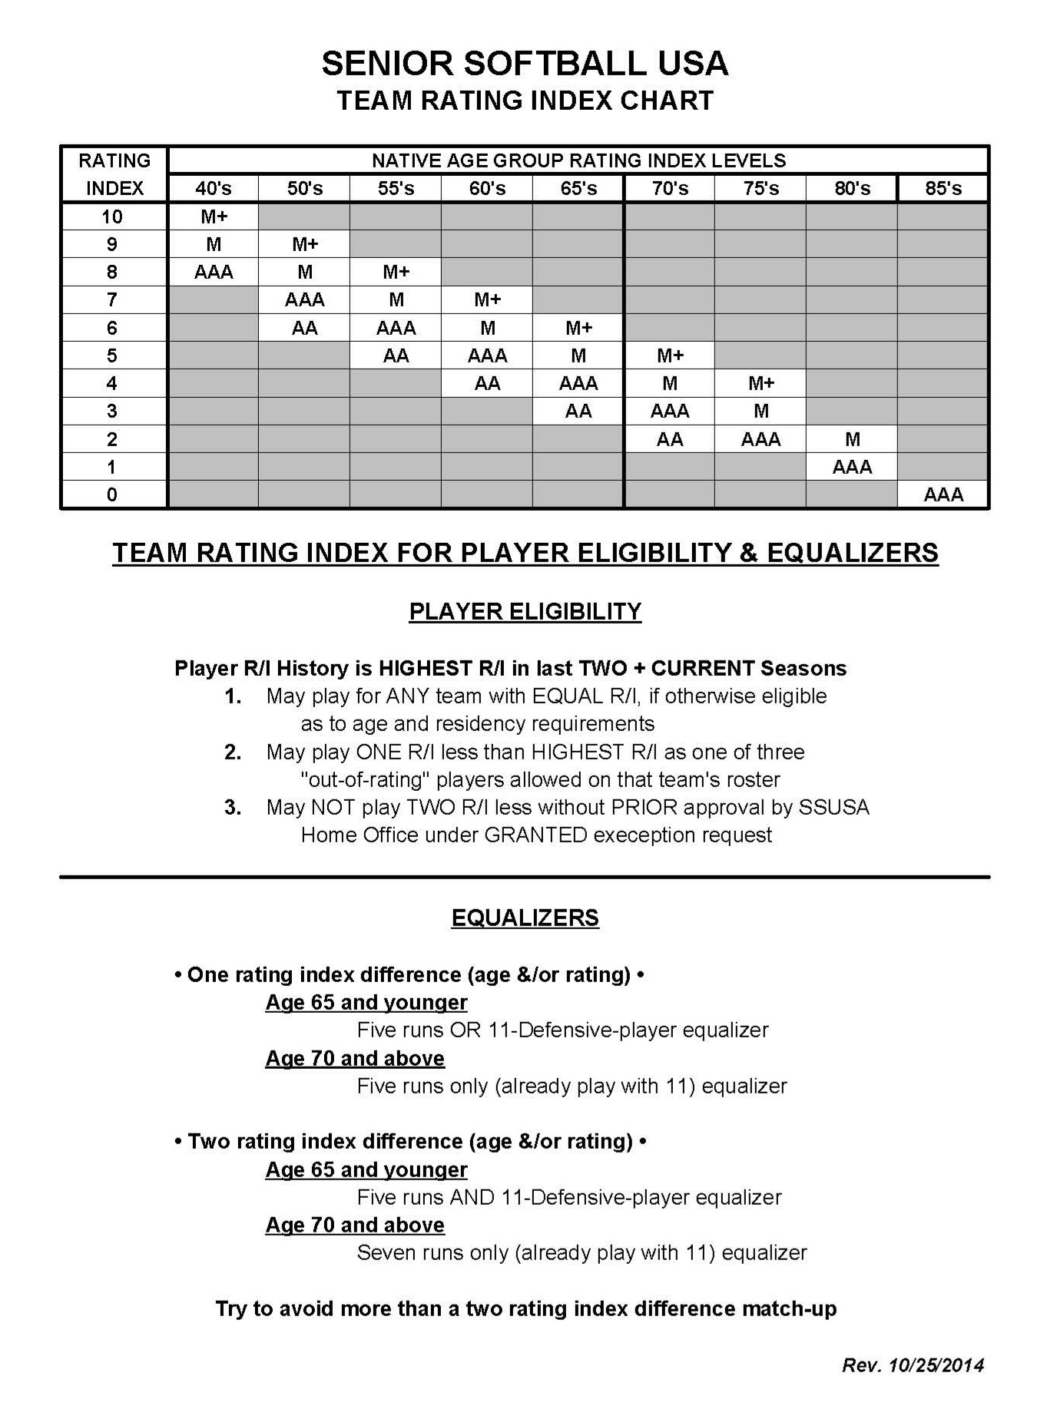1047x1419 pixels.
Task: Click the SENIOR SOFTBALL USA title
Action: tap(525, 63)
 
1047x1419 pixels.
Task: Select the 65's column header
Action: tap(578, 188)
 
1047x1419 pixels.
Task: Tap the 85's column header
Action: tap(943, 188)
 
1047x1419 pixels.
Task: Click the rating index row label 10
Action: tap(112, 217)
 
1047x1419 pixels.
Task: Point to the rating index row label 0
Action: tap(112, 495)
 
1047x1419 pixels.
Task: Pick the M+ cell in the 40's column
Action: tap(214, 217)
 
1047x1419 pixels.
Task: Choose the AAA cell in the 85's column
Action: tap(943, 495)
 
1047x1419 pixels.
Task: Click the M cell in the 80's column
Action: tap(852, 439)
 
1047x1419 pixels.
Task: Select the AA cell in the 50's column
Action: tap(305, 328)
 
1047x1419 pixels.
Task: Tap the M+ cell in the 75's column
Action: tap(760, 383)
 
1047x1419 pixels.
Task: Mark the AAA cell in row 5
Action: tap(487, 356)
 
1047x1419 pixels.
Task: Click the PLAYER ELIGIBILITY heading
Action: tap(525, 611)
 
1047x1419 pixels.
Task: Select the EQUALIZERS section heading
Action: tap(525, 918)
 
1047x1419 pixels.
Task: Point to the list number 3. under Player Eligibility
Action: tap(233, 807)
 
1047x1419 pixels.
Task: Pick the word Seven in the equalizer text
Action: tap(384, 1252)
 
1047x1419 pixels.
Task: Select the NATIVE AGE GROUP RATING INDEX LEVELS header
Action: tap(578, 160)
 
